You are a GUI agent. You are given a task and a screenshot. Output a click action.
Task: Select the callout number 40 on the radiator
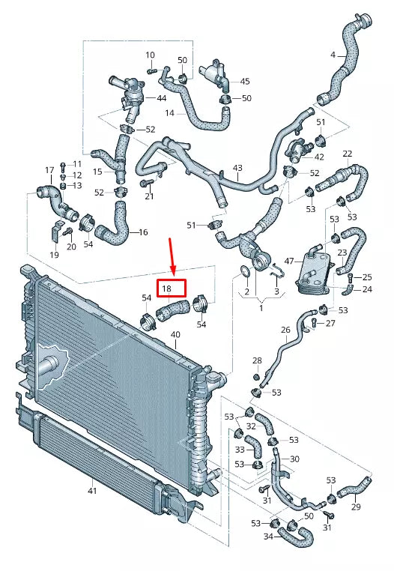tap(175, 334)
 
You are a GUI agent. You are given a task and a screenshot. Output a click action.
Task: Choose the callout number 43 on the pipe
tap(237, 168)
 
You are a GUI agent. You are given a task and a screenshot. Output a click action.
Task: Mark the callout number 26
tap(285, 330)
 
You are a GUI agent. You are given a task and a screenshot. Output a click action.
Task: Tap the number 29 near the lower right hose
tap(355, 507)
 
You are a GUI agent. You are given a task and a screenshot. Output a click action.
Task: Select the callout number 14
tap(169, 113)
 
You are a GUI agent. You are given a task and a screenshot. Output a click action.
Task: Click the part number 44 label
tap(162, 98)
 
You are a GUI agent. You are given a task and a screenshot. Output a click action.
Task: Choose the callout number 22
tap(347, 154)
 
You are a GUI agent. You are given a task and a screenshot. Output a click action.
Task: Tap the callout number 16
tap(143, 232)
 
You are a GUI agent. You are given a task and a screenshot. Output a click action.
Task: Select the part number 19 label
tap(54, 256)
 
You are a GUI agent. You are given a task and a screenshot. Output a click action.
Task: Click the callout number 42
tap(319, 157)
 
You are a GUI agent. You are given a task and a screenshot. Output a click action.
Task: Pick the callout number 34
tap(268, 536)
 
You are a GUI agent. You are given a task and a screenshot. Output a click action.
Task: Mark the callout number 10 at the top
tap(150, 55)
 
